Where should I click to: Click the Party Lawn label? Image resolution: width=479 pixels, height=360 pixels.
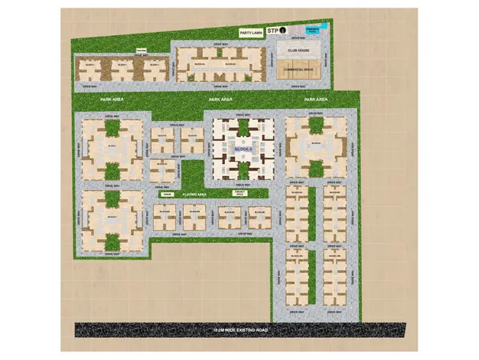coord(252,33)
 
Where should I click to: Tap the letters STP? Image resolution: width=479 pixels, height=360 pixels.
coord(273,31)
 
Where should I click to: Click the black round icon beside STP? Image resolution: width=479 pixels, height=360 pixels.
coord(282,31)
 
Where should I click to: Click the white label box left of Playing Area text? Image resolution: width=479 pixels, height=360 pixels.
coord(168,195)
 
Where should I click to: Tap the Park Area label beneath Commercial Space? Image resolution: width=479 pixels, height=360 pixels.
coord(316,100)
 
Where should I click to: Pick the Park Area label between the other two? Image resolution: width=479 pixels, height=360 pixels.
coord(221,100)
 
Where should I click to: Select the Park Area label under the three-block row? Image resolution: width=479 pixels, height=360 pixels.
coord(112,100)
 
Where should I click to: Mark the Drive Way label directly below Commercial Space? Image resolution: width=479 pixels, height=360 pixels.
coord(298,87)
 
